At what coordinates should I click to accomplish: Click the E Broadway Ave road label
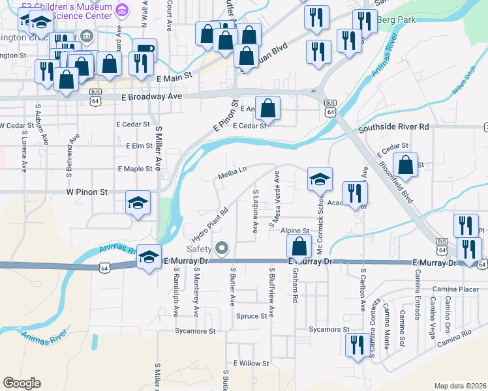(151, 96)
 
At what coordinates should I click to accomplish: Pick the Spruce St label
(252, 316)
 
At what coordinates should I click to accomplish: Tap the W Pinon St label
(86, 193)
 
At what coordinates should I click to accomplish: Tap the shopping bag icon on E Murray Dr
(299, 246)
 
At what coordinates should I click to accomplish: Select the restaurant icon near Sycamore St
(356, 345)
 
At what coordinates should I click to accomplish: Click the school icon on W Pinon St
(138, 203)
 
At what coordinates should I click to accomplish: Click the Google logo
(22, 383)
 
